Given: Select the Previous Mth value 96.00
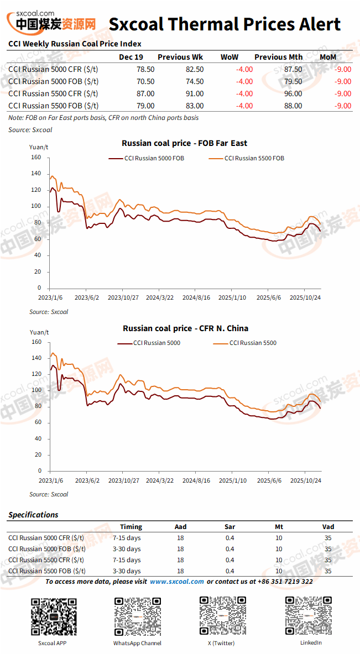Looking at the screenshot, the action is point(293,93).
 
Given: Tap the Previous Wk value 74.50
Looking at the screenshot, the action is point(195,81).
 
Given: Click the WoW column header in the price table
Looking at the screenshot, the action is point(229,57).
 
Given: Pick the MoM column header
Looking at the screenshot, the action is point(328,57).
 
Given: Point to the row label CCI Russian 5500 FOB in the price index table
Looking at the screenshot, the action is point(54,106).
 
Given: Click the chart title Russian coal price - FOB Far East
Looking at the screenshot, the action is point(184,143).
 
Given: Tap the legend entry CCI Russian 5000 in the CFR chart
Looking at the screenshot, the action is point(149,343).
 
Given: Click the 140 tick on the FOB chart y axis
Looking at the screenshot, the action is point(36,174).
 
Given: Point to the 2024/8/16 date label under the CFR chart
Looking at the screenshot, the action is point(196,480).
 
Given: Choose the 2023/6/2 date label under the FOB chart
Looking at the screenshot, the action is point(87,298).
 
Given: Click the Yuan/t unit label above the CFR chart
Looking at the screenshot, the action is point(39,332).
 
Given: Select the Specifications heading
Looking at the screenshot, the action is point(33,515).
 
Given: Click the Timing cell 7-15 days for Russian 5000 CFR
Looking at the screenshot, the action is point(127,538).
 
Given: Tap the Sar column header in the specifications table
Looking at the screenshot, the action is point(230,527).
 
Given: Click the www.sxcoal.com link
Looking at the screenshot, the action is point(177,582).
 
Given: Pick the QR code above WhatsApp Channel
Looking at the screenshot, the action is point(137,616).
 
